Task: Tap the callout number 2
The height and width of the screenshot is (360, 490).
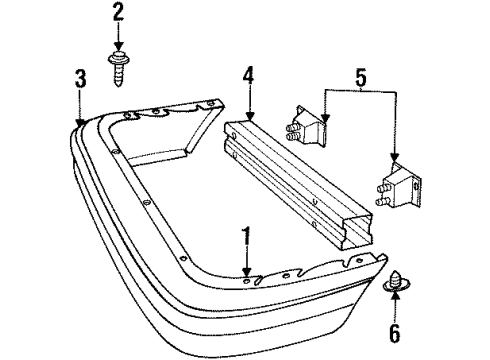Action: (118, 13)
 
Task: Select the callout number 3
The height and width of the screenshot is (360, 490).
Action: (80, 78)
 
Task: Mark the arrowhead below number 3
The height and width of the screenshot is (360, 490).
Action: (80, 120)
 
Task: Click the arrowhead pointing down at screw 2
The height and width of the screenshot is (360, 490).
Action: (118, 50)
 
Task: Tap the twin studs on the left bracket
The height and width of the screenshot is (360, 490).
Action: (294, 128)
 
